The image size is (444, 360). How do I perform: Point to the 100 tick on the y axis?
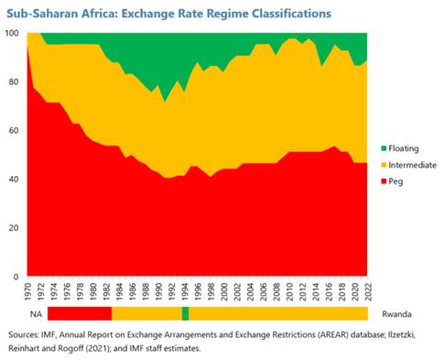click(13, 33)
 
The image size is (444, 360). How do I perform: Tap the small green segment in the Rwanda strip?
click(186, 314)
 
